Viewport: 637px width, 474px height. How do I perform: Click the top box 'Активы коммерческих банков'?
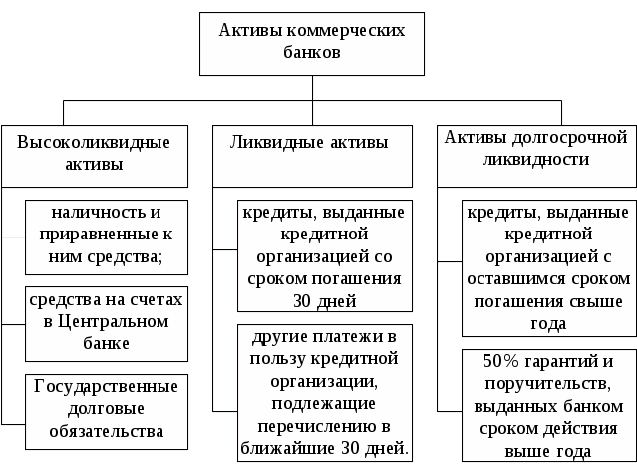coord(312,42)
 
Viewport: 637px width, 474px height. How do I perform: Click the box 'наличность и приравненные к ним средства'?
coord(107,237)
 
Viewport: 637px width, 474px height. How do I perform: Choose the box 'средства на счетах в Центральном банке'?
coord(107,322)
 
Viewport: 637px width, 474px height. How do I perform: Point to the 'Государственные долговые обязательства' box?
coord(107,409)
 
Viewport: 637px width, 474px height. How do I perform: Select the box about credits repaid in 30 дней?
coord(322,256)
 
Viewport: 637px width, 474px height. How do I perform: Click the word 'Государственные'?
coord(107,386)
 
